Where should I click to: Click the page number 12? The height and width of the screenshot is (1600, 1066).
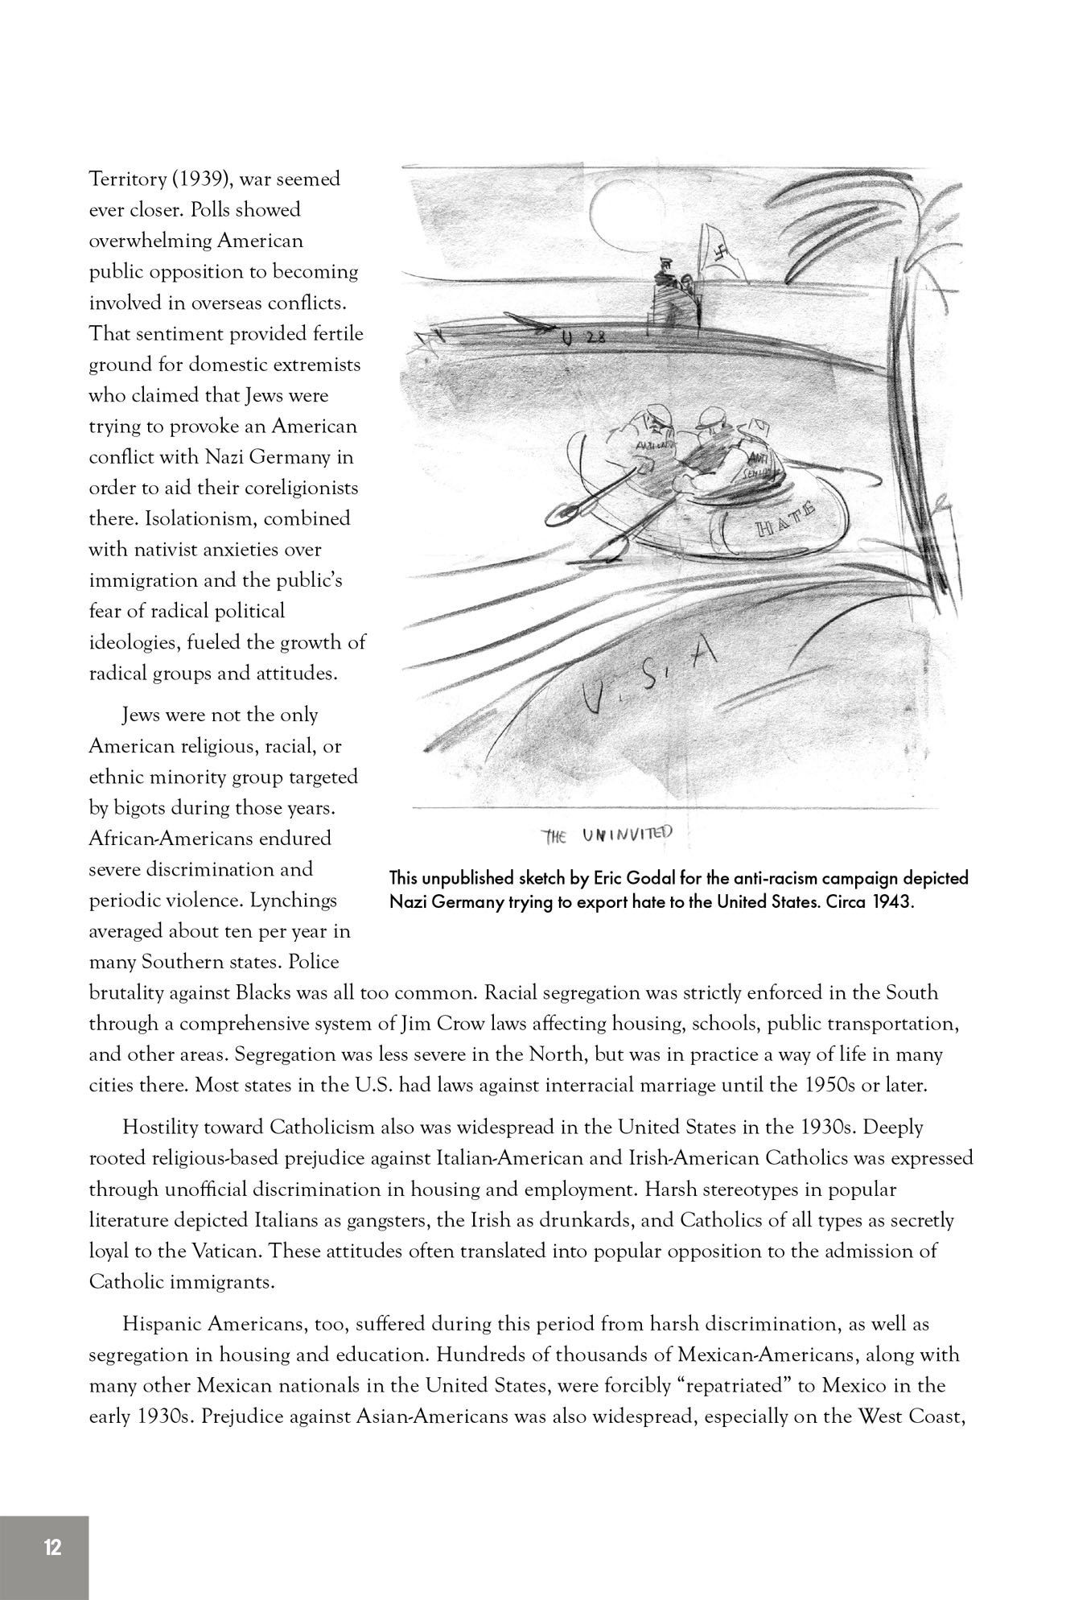click(x=53, y=1547)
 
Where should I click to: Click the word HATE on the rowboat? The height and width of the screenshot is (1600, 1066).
click(x=788, y=522)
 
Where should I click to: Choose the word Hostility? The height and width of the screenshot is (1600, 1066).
click(x=163, y=1128)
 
